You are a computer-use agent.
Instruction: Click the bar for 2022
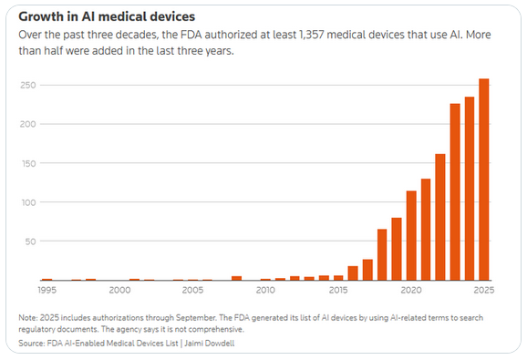click(x=439, y=218)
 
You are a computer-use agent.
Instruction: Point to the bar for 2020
click(x=411, y=236)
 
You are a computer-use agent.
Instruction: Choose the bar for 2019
click(x=397, y=250)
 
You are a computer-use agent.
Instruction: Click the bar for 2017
click(x=367, y=271)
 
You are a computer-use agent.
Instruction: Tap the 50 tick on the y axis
click(x=30, y=242)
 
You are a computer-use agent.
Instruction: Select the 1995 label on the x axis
click(x=47, y=291)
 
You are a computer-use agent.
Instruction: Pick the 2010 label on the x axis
click(x=265, y=291)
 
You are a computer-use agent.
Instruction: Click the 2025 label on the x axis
click(x=483, y=291)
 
